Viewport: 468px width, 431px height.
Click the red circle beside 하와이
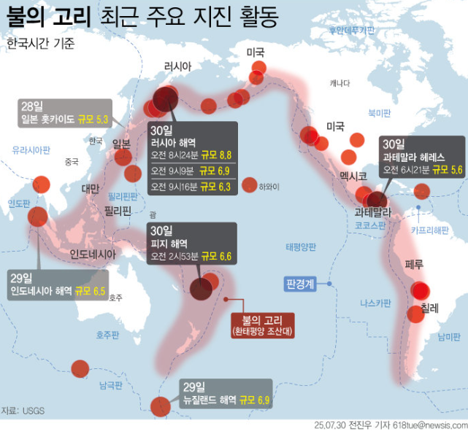coord(250,185)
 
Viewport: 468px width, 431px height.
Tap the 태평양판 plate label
coord(301,246)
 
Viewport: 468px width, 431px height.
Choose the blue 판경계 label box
coord(301,283)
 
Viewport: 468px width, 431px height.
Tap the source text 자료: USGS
coord(23,411)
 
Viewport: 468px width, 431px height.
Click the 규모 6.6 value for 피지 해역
coord(215,256)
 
